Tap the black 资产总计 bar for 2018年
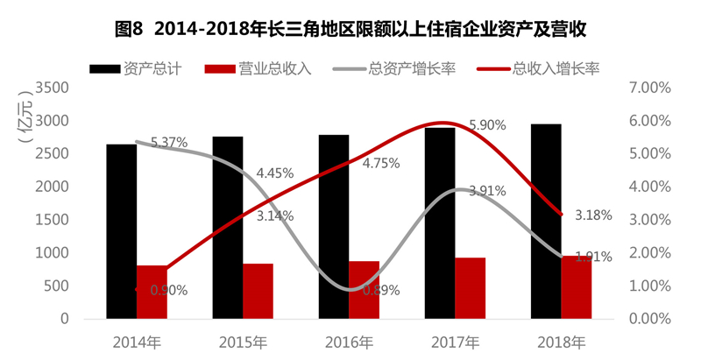pyautogui.click(x=546, y=222)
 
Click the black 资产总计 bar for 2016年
pyautogui.click(x=334, y=227)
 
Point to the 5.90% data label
pyautogui.click(x=488, y=125)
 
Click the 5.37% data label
pyautogui.click(x=169, y=142)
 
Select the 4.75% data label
pyautogui.click(x=380, y=163)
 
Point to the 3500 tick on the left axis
pyautogui.click(x=54, y=88)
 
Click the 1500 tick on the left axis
pyautogui.click(x=54, y=220)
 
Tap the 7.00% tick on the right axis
pyautogui.click(x=649, y=88)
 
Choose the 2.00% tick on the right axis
pyautogui.click(x=649, y=253)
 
